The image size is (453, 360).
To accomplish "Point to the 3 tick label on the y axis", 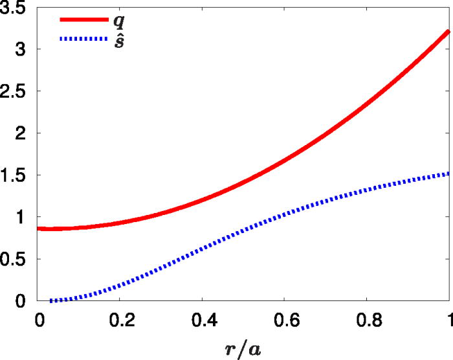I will (x=23, y=50).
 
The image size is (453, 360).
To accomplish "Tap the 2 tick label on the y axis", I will (x=23, y=133).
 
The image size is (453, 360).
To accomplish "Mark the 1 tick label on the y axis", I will (x=23, y=218).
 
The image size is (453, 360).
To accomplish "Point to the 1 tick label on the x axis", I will (x=449, y=319).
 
